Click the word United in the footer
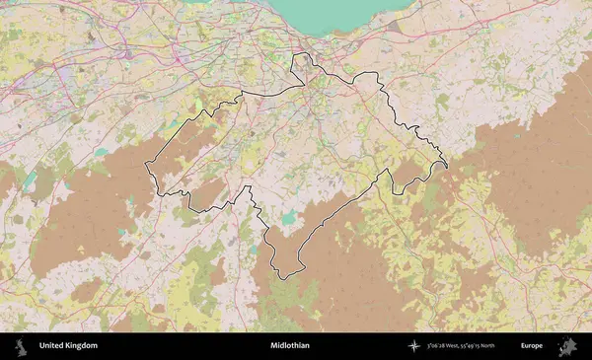click(52, 346)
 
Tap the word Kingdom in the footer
click(82, 346)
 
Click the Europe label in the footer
click(532, 346)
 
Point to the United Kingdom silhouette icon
click(19, 346)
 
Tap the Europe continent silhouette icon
click(569, 346)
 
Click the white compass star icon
click(414, 346)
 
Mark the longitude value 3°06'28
click(439, 346)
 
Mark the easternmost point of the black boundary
click(446, 164)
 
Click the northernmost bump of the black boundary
click(300, 55)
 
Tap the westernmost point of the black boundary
click(146, 164)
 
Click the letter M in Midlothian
click(272, 346)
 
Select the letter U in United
click(41, 346)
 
